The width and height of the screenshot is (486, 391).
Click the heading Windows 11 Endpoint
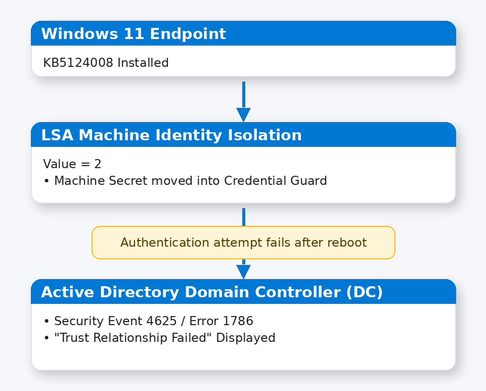[134, 34]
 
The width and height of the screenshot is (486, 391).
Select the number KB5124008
[78, 63]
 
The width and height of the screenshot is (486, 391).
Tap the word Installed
[143, 63]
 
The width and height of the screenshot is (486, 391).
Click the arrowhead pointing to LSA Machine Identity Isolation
[244, 115]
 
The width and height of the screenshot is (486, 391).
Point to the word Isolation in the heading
[264, 135]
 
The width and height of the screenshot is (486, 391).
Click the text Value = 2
[72, 164]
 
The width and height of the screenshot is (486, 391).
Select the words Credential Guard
[276, 181]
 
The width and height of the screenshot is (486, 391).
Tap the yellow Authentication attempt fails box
[243, 243]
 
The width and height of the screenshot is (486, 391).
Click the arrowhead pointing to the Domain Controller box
[244, 272]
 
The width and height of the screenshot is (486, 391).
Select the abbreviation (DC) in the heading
[365, 292]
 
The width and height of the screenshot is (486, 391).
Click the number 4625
[161, 321]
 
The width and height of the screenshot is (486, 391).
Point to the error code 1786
[238, 321]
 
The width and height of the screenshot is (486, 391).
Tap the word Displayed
[246, 338]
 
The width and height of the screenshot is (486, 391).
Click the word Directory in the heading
[140, 292]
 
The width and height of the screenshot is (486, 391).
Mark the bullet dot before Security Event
[47, 321]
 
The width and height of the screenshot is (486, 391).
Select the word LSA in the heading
[57, 135]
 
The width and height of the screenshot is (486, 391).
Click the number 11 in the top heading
[134, 34]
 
